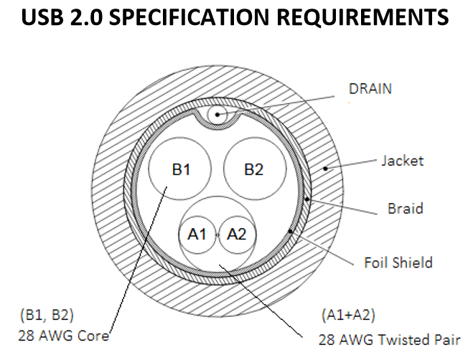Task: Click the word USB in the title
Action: (42, 17)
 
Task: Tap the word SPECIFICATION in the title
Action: (189, 17)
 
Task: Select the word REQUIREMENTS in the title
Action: (362, 17)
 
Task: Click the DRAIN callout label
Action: (370, 89)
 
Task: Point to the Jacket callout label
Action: (403, 161)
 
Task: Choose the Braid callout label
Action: (406, 208)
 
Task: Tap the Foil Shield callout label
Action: (398, 262)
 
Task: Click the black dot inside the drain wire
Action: (217, 115)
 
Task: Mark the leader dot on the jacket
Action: (326, 169)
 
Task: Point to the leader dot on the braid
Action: (307, 199)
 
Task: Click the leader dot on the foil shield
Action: (290, 231)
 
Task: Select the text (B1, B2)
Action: (47, 315)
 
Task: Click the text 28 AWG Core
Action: (64, 336)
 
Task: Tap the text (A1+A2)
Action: (348, 315)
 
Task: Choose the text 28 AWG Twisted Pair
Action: (390, 340)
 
